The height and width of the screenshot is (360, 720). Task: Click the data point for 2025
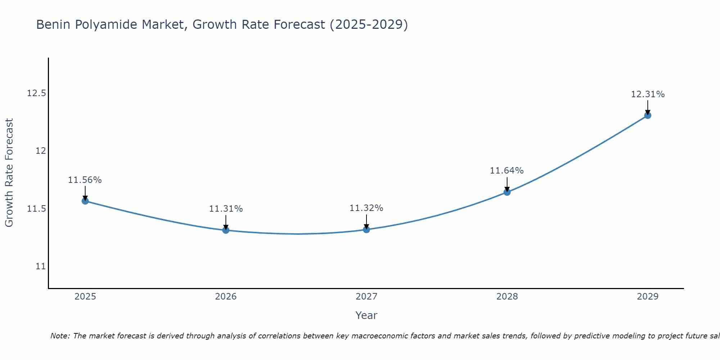point(85,201)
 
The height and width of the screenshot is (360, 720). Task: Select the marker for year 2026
point(226,230)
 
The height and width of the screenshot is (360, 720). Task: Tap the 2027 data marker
point(366,229)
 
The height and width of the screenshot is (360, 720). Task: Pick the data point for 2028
point(507,192)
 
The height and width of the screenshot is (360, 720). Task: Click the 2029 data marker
point(648,115)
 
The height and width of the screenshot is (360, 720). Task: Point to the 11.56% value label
point(85,180)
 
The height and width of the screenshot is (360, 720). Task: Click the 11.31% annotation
point(226,209)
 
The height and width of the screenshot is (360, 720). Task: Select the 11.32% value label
point(366,208)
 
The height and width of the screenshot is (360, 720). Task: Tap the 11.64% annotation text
point(507,171)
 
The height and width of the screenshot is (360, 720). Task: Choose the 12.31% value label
point(648,94)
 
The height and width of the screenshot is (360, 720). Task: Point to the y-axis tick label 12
point(41,151)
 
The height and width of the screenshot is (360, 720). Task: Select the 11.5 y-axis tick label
point(37,209)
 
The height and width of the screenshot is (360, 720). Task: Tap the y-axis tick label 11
point(41,266)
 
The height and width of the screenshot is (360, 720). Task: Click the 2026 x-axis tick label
point(226,297)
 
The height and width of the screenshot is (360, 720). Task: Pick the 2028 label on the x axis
point(507,297)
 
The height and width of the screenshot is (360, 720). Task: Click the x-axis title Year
point(366,315)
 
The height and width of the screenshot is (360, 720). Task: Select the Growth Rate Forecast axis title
point(9,173)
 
